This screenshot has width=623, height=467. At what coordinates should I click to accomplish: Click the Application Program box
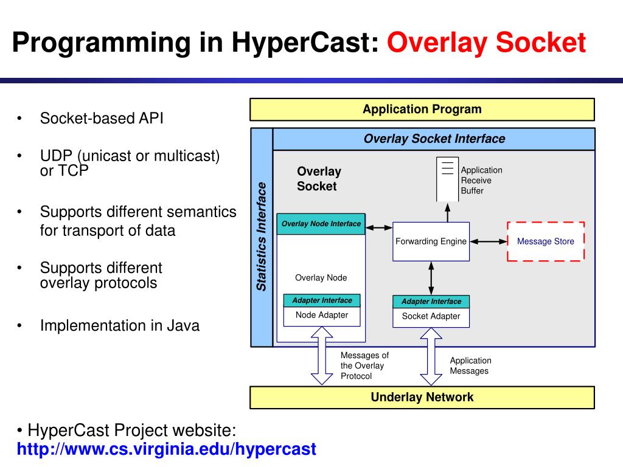(422, 110)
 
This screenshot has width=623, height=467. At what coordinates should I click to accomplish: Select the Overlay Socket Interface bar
(434, 139)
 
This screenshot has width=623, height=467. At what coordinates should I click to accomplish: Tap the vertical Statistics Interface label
(262, 237)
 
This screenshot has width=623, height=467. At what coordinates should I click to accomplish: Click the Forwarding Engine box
(431, 241)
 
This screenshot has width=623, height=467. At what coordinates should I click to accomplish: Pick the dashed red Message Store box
(546, 241)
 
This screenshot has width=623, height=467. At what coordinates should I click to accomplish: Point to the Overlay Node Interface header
(321, 224)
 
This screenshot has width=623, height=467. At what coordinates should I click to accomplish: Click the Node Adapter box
(322, 316)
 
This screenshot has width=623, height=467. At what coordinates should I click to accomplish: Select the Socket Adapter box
(431, 316)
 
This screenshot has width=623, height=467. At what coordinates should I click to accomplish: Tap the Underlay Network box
(422, 398)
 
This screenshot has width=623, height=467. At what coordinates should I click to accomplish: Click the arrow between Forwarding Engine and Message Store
(489, 241)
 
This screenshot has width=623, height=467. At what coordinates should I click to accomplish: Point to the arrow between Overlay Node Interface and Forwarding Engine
(380, 228)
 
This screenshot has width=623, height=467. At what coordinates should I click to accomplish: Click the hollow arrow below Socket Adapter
(431, 356)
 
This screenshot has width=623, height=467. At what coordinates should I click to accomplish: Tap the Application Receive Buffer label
(481, 181)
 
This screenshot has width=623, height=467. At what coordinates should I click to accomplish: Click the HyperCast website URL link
(166, 449)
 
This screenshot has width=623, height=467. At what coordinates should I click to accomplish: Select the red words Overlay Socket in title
(487, 44)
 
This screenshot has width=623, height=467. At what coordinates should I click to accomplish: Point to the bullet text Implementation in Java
(120, 325)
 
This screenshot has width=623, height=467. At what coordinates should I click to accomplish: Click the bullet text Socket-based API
(102, 118)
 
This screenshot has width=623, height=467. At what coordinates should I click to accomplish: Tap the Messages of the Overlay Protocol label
(364, 365)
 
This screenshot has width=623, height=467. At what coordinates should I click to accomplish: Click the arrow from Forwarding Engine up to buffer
(448, 212)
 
